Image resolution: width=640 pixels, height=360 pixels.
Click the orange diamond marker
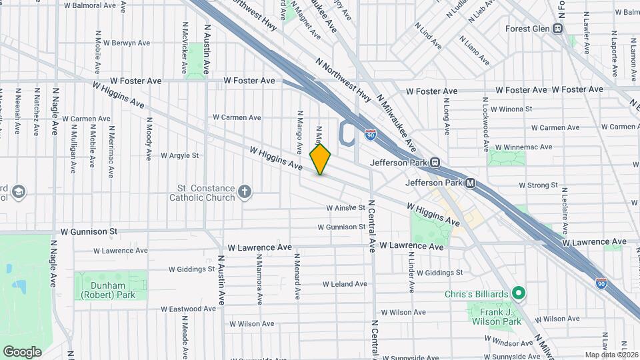tap(321, 159)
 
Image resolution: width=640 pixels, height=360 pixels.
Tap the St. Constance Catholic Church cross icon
tap(245, 193)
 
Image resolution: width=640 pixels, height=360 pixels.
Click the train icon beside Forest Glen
tap(558, 29)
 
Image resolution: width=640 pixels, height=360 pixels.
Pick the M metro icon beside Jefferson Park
tap(471, 183)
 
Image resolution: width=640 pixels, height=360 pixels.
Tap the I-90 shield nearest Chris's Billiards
tap(601, 283)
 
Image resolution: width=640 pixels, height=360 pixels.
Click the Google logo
tap(22, 351)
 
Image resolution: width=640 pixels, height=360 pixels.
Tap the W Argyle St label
tap(180, 155)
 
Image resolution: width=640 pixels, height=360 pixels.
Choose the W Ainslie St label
tap(346, 208)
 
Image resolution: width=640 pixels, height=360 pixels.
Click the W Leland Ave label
tap(345, 284)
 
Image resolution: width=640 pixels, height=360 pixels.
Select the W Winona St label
tap(511, 109)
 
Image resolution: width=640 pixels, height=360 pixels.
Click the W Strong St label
tap(537, 185)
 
